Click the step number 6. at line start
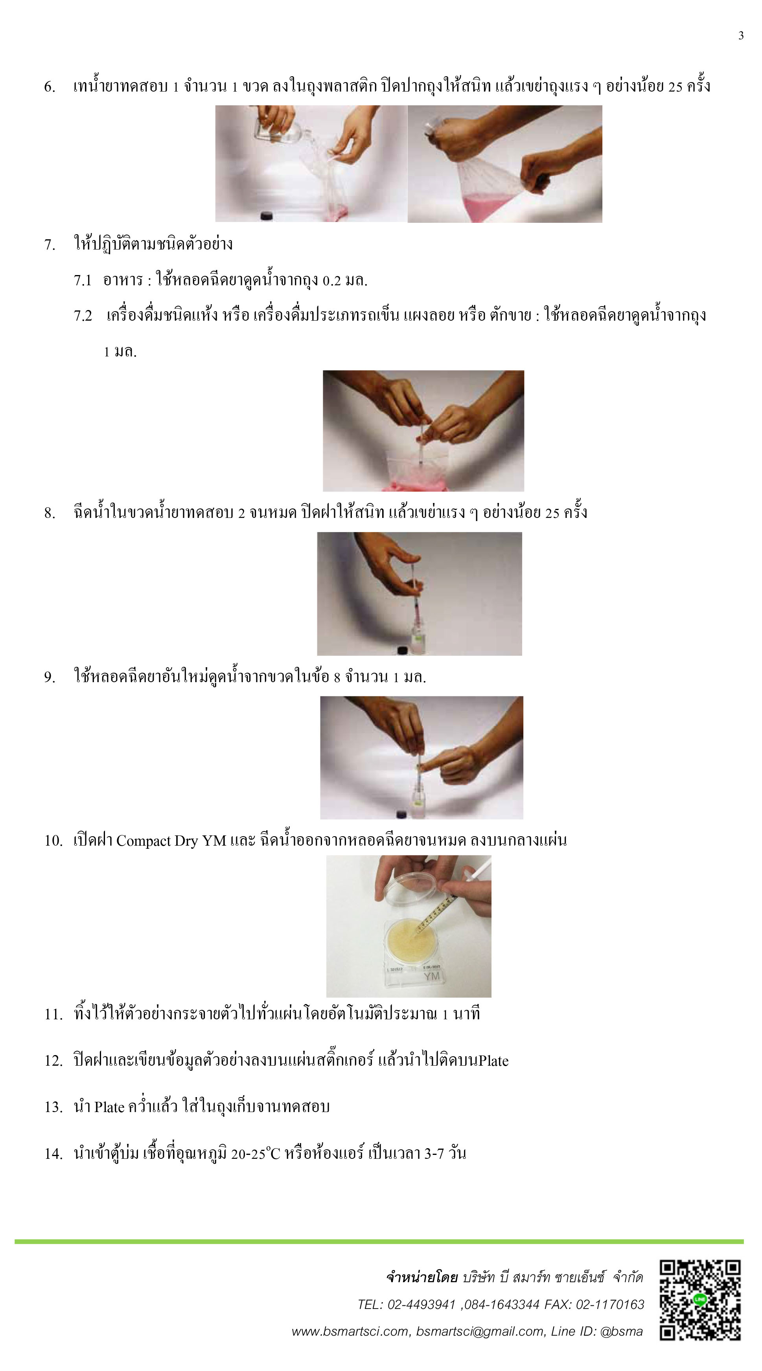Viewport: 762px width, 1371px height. [50, 87]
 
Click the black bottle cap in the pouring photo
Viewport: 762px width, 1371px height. [266, 215]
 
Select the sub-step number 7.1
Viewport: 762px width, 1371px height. [83, 281]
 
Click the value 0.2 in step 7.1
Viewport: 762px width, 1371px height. [331, 281]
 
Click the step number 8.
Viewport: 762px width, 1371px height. [50, 513]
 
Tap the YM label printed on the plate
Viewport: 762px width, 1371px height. [432, 976]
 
